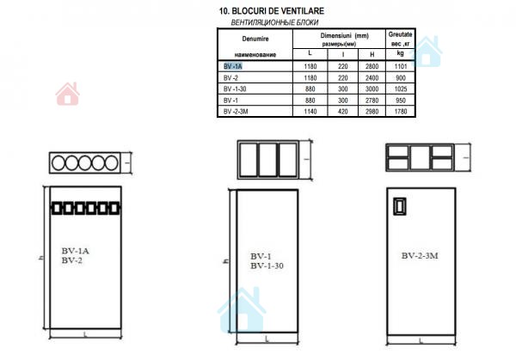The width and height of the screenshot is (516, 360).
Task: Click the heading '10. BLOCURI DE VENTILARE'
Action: coord(272,11)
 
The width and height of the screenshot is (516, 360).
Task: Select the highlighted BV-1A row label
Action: coord(233,66)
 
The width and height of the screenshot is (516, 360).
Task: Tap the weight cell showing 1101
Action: coord(401,66)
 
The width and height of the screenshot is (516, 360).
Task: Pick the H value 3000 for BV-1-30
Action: coord(372,89)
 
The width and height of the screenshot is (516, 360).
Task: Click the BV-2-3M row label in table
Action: coord(236,112)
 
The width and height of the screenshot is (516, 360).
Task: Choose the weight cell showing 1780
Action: coord(401,112)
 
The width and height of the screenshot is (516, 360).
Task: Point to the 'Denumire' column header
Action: coord(255,39)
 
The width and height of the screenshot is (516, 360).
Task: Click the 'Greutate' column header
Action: coord(400,34)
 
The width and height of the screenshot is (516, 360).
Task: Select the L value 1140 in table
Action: coord(310,112)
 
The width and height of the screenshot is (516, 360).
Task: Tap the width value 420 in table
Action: coord(343,112)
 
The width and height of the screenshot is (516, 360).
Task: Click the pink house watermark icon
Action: coord(67,94)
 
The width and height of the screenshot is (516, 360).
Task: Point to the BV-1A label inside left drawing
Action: coord(76,251)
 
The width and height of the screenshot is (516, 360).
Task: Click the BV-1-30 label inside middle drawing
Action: coord(267,266)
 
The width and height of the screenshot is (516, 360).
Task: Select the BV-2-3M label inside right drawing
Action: coord(420,256)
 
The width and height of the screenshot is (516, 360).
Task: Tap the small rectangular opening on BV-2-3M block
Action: coord(400,206)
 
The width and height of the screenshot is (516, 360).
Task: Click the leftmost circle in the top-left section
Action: coord(58,162)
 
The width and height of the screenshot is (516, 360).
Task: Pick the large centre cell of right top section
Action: coord(421,158)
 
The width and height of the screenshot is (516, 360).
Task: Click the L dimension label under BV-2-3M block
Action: coord(421,341)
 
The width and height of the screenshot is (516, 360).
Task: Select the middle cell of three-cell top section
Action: coord(267,160)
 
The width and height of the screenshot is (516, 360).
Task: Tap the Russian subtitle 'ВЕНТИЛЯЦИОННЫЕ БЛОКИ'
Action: coord(274,22)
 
